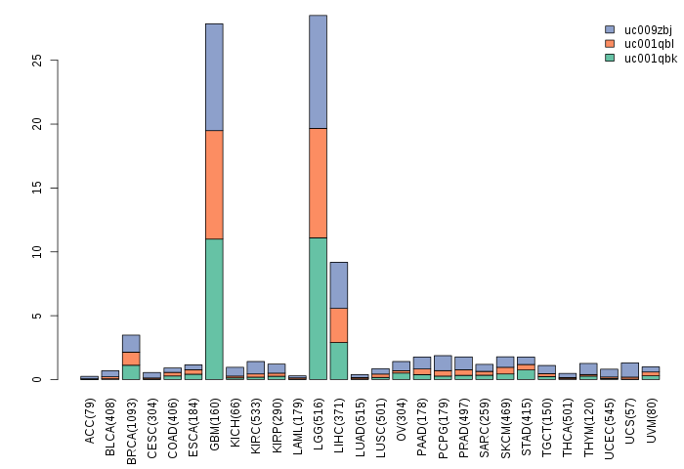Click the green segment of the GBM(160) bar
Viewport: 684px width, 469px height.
point(214,309)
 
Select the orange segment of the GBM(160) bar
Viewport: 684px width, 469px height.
point(214,184)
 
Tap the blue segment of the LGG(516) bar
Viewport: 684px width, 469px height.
point(318,71)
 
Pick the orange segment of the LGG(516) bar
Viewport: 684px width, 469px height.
point(318,183)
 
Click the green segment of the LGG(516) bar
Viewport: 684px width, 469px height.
point(318,309)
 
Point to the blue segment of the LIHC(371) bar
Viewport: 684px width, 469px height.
point(339,284)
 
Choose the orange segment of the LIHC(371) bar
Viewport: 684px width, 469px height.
point(339,324)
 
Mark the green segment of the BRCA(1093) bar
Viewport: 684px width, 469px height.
point(131,371)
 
